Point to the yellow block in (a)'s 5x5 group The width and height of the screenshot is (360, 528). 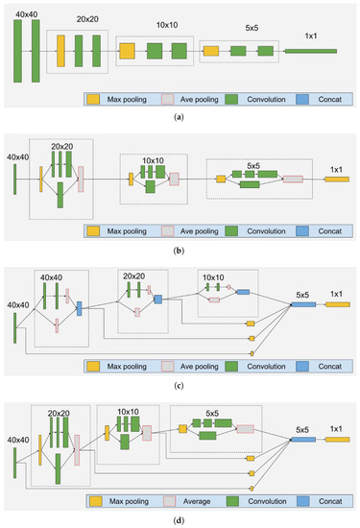click(x=210, y=49)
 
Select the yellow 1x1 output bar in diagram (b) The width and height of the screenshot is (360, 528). click(x=337, y=179)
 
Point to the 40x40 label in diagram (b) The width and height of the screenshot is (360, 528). click(x=16, y=156)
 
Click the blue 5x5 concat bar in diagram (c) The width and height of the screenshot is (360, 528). click(x=303, y=304)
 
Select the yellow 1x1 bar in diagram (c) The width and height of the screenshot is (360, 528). click(x=337, y=304)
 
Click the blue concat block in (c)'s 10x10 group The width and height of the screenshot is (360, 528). click(x=243, y=291)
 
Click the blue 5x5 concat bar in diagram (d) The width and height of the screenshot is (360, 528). click(x=303, y=438)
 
